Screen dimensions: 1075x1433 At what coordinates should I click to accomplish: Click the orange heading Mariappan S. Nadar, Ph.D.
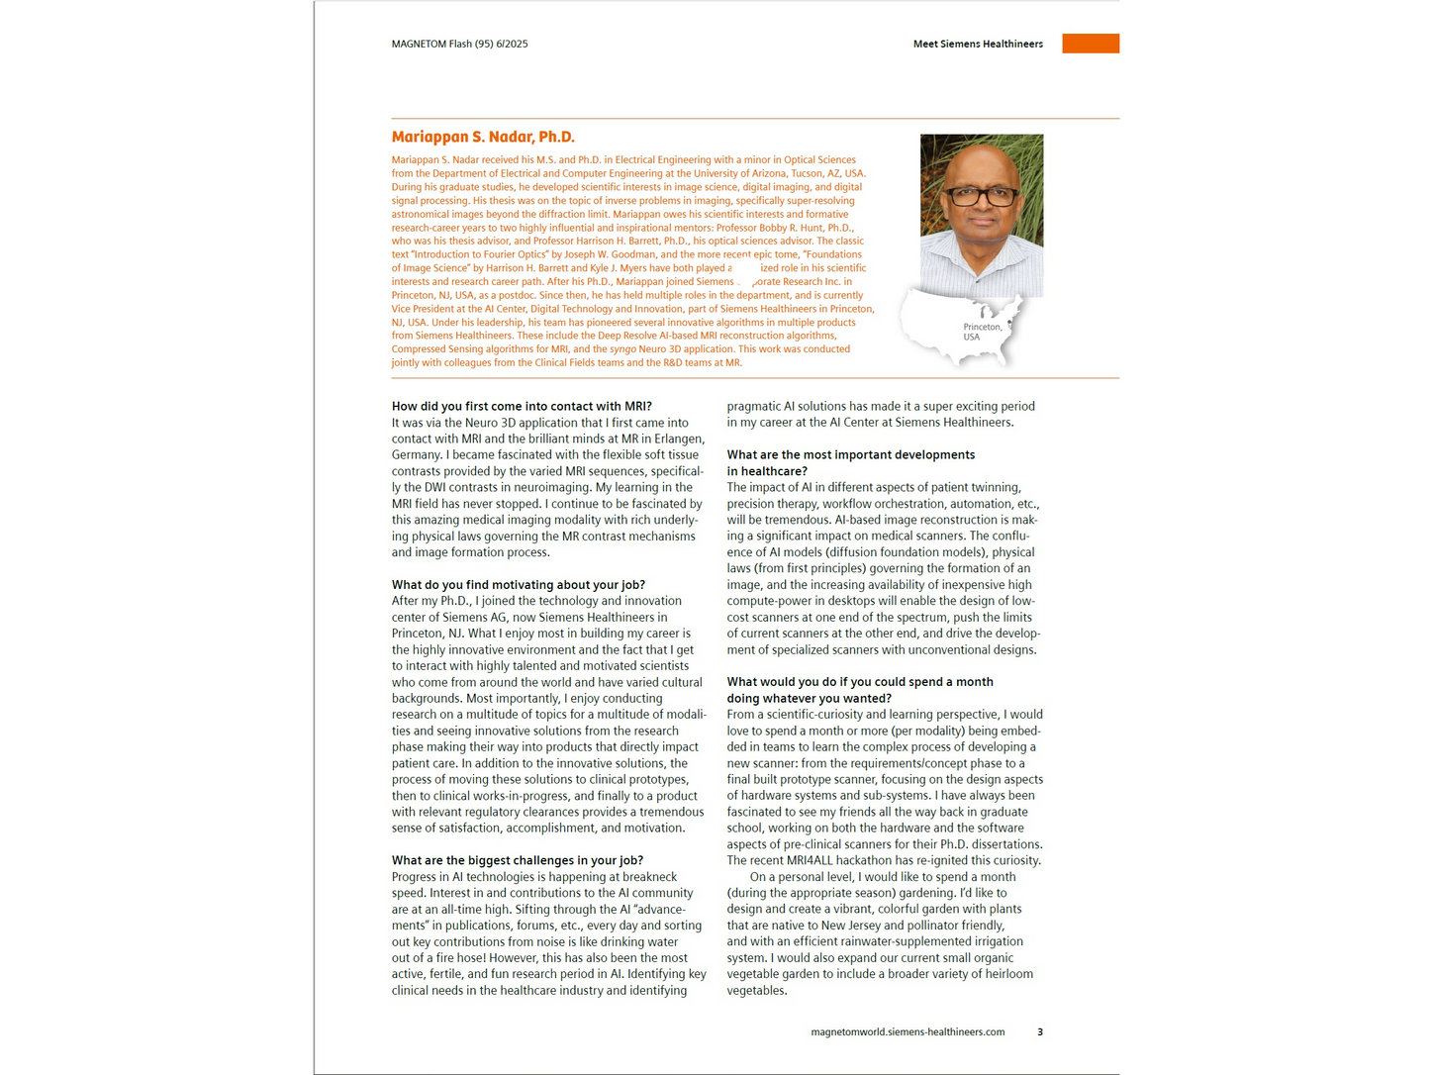[483, 137]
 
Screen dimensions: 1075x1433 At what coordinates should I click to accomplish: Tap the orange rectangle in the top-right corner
[1090, 44]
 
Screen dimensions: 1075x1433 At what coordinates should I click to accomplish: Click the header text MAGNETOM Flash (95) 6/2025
[459, 44]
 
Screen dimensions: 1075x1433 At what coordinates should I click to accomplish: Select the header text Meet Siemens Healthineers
[977, 44]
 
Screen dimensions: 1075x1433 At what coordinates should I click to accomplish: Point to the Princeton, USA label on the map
[982, 332]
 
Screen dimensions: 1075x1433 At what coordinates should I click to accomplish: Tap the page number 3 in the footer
[1039, 1031]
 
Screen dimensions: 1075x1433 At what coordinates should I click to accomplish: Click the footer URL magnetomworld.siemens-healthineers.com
[908, 1031]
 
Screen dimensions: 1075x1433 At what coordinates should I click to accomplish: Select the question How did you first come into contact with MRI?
[522, 406]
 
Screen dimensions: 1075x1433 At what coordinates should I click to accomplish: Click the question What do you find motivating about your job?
[518, 584]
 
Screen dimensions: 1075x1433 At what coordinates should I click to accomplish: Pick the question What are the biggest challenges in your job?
[517, 860]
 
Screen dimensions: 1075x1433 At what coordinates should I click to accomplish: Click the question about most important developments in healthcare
[850, 462]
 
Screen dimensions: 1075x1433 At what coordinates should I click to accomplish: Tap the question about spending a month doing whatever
[859, 690]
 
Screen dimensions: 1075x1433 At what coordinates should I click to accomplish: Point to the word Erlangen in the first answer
[678, 439]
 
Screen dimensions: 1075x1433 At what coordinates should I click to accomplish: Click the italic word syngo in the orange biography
[622, 348]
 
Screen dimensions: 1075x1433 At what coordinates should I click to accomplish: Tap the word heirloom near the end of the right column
[1008, 974]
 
